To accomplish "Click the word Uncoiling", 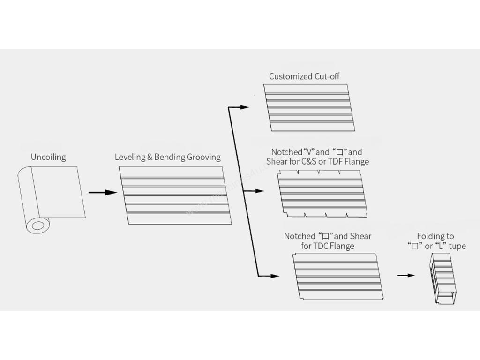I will click(48, 157).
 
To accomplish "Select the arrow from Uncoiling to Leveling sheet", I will click(102, 192).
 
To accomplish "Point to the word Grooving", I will click(203, 157).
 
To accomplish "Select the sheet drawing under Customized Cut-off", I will click(309, 108).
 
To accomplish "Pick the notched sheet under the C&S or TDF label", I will click(322, 194).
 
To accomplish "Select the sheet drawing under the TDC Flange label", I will click(337, 276).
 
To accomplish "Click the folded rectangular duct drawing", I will click(443, 279).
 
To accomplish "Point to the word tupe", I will click(457, 246).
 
